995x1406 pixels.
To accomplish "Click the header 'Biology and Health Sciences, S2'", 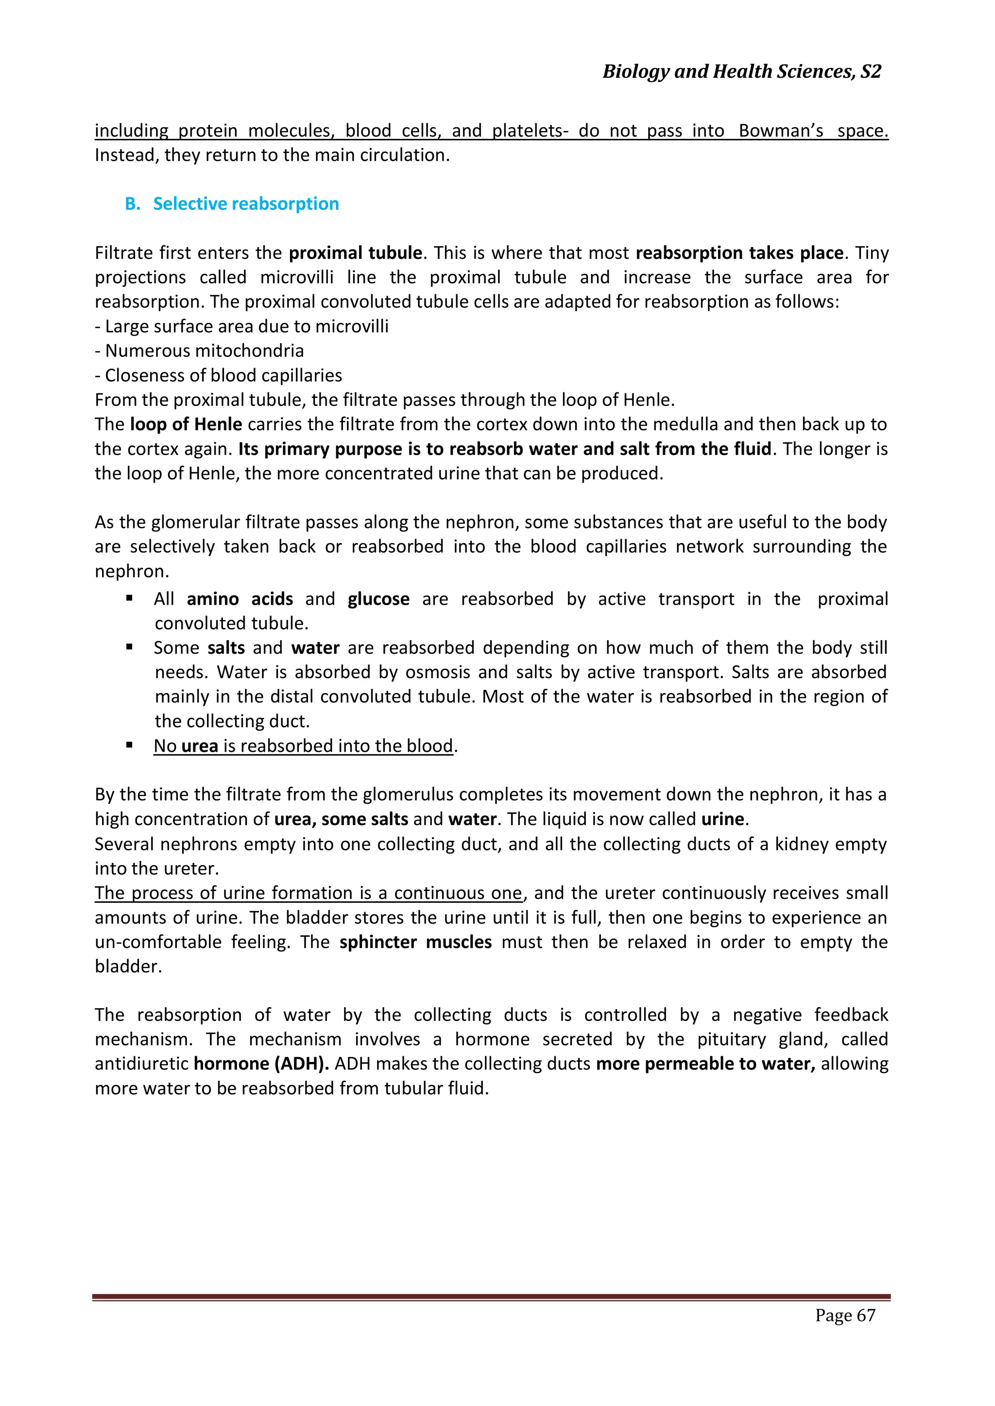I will (x=741, y=72).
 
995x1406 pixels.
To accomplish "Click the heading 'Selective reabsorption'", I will (x=246, y=204).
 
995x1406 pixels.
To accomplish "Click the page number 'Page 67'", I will (x=845, y=1315).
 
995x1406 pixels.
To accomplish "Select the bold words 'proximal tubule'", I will (x=355, y=253).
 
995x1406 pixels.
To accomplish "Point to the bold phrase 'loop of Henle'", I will (x=186, y=424).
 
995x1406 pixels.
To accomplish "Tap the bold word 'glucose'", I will (x=378, y=599).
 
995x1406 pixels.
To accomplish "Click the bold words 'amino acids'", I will (x=240, y=599).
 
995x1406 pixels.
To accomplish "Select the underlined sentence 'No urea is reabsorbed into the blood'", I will (x=303, y=746).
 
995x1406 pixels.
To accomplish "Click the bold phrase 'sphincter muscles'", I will (x=415, y=942).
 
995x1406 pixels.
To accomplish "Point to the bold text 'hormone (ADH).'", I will (x=261, y=1064).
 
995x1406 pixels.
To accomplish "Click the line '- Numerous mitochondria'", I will (x=199, y=351).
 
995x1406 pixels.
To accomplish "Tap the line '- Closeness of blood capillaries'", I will (x=218, y=375).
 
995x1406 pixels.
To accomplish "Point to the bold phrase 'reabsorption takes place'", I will (x=739, y=253).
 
